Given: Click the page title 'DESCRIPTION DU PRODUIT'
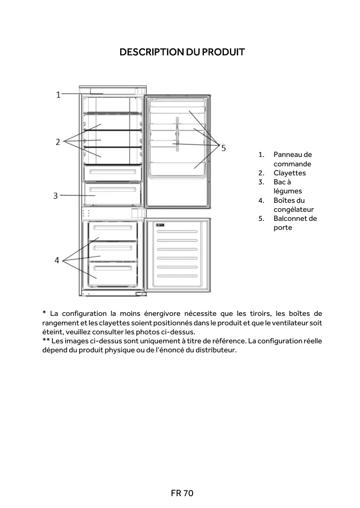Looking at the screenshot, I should click(x=182, y=52).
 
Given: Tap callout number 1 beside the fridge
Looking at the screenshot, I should click(x=59, y=95).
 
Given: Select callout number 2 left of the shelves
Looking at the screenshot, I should click(x=58, y=142).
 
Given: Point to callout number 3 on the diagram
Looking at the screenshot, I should click(x=55, y=196).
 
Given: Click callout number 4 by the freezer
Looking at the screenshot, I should click(x=57, y=260).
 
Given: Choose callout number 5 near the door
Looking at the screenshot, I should click(x=223, y=147).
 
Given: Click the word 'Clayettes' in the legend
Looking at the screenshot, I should click(x=289, y=173).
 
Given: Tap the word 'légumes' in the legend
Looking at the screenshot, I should click(x=287, y=191).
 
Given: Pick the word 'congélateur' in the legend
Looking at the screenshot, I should click(x=294, y=209).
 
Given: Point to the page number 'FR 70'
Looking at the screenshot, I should click(x=182, y=493).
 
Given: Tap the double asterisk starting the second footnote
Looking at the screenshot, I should click(x=46, y=341).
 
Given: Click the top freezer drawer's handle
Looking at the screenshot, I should click(x=112, y=227).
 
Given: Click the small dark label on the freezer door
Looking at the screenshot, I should click(x=159, y=225).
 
